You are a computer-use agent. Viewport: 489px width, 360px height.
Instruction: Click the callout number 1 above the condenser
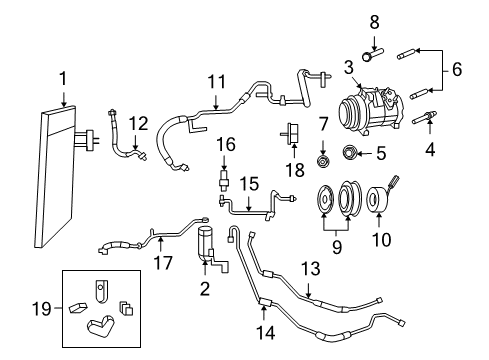tap(63, 79)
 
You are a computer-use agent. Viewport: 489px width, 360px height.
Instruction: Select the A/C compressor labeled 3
tap(371, 109)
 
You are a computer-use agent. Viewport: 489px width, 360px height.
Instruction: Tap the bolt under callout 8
tap(372, 55)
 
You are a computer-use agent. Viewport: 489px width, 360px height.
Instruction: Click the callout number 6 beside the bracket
tap(457, 69)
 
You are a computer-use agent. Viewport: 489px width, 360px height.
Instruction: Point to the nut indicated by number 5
tap(350, 152)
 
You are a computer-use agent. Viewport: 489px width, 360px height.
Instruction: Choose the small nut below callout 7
tap(322, 161)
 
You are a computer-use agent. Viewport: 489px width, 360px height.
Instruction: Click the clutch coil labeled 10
tap(378, 199)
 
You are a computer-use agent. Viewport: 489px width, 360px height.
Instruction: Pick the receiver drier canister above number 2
tap(206, 243)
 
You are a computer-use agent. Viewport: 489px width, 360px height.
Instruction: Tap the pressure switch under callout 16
tap(224, 180)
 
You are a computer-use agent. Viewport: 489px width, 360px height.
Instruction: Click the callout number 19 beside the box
tap(42, 309)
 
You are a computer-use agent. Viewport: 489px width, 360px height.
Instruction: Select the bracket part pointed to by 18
tap(290, 134)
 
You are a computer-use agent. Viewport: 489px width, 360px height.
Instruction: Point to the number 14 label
tap(266, 332)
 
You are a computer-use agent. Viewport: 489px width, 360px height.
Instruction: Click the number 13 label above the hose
tap(311, 268)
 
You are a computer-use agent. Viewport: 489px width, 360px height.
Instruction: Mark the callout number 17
tap(163, 262)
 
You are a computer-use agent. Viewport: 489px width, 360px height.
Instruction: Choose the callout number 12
tap(138, 124)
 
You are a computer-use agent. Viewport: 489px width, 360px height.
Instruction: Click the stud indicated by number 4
tap(424, 119)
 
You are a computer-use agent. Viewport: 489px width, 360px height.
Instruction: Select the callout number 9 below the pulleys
tap(337, 247)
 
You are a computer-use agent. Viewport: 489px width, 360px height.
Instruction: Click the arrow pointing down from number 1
tap(63, 99)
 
